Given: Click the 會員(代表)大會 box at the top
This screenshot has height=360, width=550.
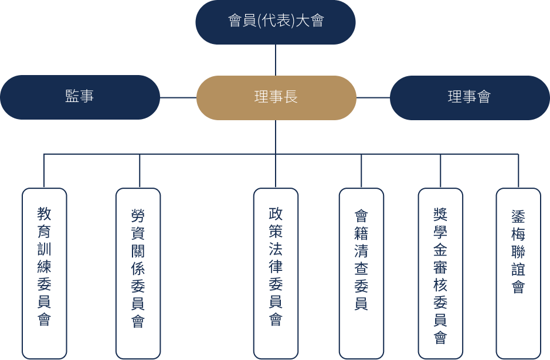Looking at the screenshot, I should (x=276, y=22).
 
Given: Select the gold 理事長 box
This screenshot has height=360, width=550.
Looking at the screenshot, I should (x=276, y=97).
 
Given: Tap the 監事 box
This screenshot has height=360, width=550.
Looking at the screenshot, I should (x=80, y=97).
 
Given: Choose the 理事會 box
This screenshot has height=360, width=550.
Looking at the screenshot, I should (x=470, y=97).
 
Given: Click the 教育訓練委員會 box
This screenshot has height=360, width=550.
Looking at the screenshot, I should (x=45, y=273).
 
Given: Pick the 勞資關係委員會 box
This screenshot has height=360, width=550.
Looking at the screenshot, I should (x=138, y=273).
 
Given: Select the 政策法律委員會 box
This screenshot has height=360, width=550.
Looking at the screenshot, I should (x=276, y=273).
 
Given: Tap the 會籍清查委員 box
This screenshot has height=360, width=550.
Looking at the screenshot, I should (x=361, y=273).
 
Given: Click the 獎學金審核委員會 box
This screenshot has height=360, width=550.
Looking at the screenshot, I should (x=440, y=273).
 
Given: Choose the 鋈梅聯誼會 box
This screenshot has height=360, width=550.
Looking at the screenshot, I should (x=518, y=273).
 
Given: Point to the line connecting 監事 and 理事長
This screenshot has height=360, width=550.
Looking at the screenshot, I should (x=178, y=97).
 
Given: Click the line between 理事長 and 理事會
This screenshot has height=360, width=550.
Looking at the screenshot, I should (x=373, y=97).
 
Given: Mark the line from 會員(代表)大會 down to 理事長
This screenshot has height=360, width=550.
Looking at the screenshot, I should (x=276, y=60).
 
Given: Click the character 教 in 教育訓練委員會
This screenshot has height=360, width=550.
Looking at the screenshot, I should (x=45, y=213).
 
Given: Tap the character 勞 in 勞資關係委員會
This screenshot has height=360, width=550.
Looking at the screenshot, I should (x=138, y=216).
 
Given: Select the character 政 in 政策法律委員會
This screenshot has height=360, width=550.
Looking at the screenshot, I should (x=276, y=213).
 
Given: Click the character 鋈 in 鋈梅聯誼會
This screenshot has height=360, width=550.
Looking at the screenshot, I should (x=518, y=216).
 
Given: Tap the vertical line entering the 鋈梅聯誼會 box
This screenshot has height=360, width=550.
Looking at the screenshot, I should (x=518, y=171).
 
